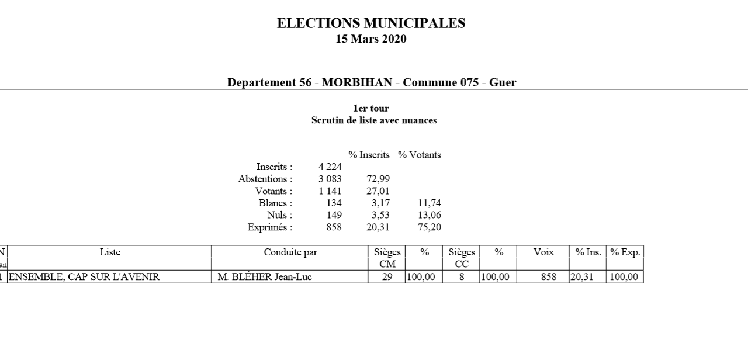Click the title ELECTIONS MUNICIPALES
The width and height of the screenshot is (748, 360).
click(x=371, y=23)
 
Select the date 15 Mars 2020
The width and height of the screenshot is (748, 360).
click(x=371, y=40)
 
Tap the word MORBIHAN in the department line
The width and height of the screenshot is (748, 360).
click(x=356, y=82)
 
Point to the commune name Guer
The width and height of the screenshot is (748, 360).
click(x=503, y=82)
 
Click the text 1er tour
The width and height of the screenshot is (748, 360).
click(x=371, y=109)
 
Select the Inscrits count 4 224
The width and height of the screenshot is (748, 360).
click(x=330, y=167)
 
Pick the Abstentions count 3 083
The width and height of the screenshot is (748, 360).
click(x=330, y=179)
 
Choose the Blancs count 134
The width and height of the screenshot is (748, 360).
click(x=334, y=203)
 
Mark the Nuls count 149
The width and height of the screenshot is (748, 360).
click(x=334, y=215)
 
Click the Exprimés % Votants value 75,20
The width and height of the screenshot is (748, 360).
click(x=429, y=227)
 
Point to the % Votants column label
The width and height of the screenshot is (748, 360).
click(x=420, y=155)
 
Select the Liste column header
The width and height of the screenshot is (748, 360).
click(x=110, y=252)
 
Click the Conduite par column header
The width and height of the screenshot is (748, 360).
click(x=290, y=252)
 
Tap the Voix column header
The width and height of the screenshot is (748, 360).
click(x=543, y=252)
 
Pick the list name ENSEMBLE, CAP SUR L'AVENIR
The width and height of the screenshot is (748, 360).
click(x=84, y=277)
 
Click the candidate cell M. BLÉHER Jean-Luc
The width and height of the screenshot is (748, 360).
click(x=265, y=277)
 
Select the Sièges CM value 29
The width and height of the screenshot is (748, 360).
click(x=387, y=277)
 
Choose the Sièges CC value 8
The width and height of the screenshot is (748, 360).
click(x=462, y=277)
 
